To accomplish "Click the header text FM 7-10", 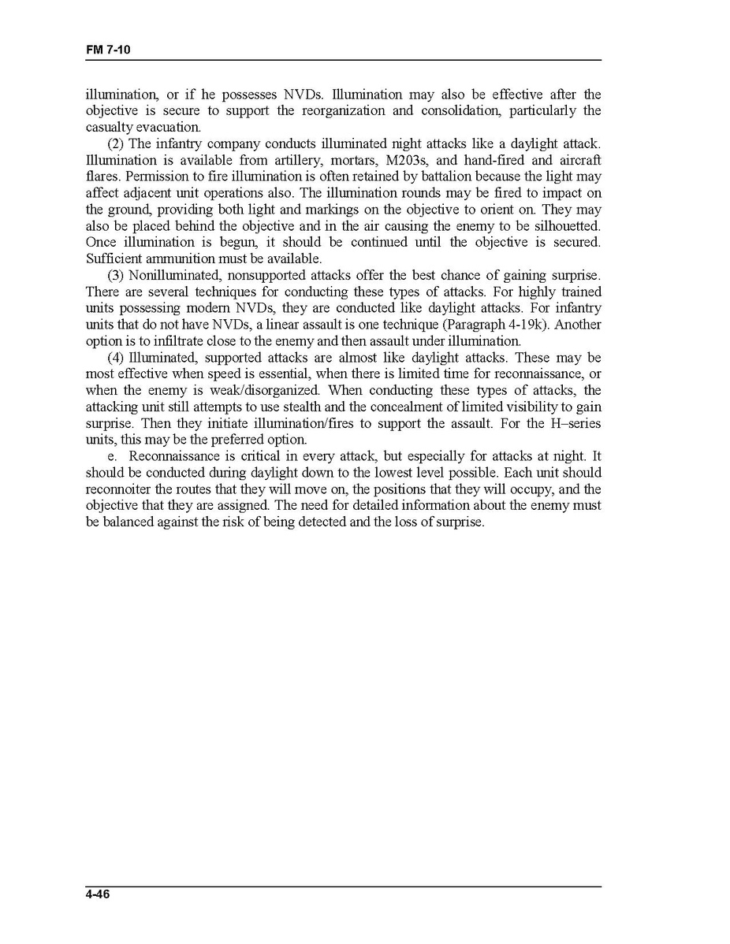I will (x=108, y=50).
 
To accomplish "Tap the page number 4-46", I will (x=98, y=894).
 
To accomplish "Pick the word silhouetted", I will (x=562, y=226).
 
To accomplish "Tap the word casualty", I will (x=109, y=128).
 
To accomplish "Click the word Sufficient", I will (x=110, y=259).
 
